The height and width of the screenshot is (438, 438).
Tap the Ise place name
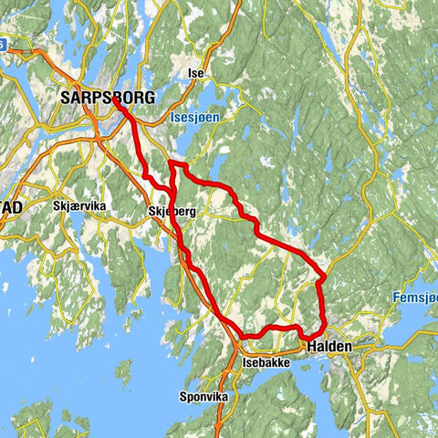[x=194, y=73]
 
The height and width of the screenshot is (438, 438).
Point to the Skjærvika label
[x=80, y=207]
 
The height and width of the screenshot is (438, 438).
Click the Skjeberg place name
[x=172, y=212]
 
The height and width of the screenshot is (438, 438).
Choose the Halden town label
[x=329, y=348]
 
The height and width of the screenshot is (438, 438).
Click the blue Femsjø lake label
[x=415, y=297]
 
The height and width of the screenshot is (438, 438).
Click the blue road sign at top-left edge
[x=3, y=43]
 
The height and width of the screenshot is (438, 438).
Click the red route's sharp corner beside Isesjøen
[x=172, y=163]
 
